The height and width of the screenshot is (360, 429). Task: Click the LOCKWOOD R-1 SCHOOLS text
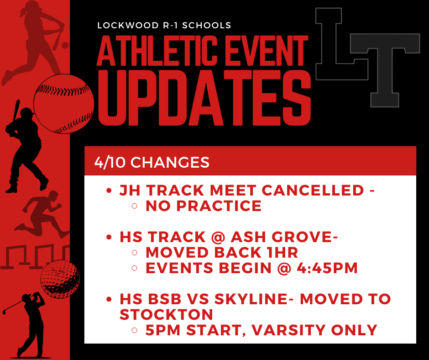(x=164, y=26)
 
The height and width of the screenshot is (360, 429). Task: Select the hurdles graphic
(x=34, y=256)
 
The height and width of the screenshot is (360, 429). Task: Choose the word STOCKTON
(x=166, y=314)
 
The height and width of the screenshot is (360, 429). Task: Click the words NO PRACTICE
(x=204, y=206)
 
